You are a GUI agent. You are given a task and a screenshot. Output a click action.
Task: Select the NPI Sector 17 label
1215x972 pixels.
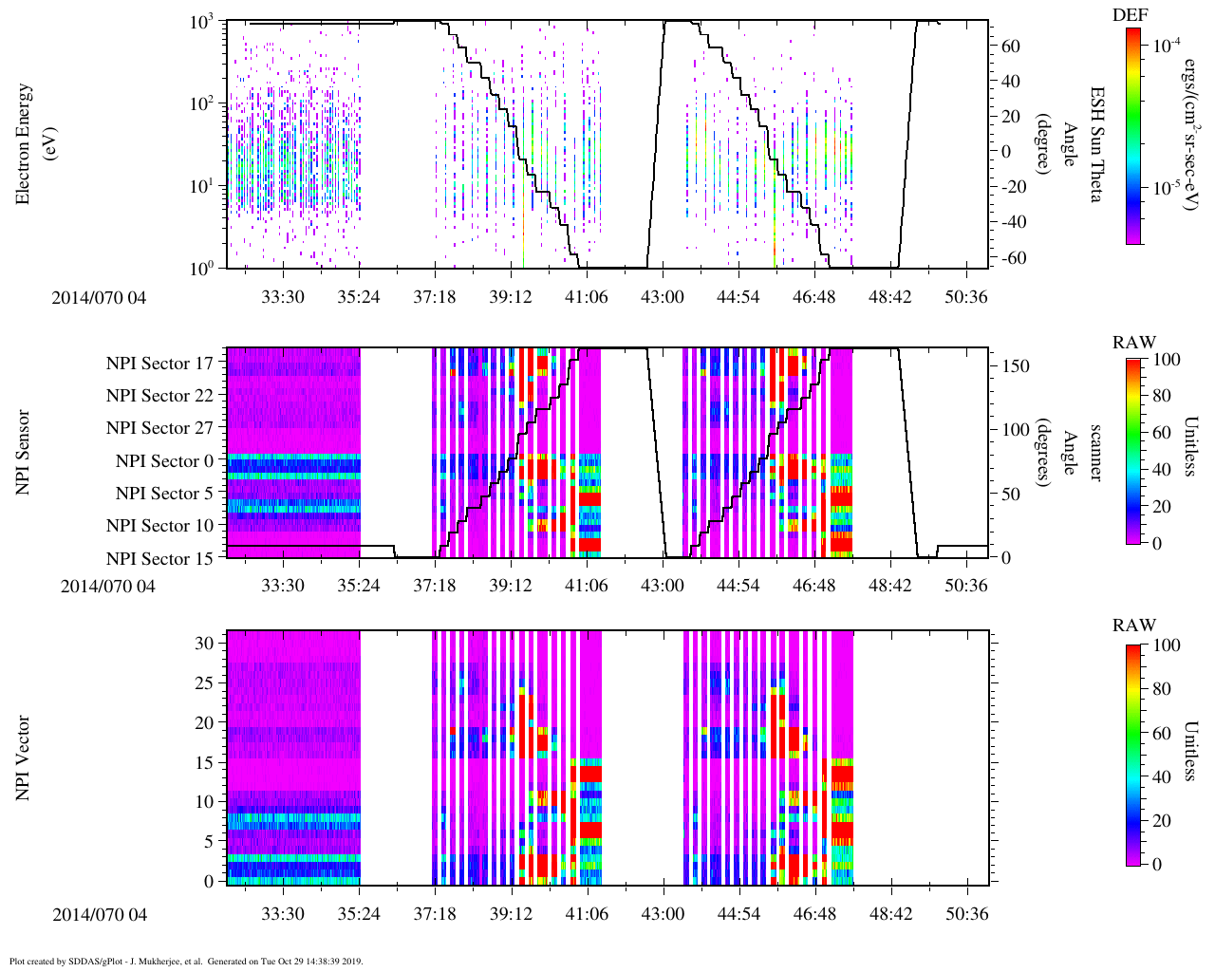159,363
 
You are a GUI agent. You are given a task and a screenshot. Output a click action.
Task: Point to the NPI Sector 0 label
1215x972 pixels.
164,461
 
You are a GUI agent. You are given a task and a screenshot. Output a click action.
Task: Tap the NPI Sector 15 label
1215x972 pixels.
159,558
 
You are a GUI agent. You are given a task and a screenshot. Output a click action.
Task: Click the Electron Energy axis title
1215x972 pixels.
32,144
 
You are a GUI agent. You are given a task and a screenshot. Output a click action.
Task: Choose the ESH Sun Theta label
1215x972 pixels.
1096,144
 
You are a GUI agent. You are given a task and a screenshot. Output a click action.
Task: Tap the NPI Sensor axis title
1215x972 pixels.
24,452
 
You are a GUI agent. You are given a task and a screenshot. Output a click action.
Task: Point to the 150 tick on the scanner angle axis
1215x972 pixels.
1017,366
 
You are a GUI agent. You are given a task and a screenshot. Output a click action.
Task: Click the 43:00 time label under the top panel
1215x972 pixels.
662,297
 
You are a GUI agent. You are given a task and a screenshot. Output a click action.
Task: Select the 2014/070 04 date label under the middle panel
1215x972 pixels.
107,586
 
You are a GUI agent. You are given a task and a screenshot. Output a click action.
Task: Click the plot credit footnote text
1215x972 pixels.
185,961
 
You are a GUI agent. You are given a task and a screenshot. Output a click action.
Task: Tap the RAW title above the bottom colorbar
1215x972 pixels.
1134,626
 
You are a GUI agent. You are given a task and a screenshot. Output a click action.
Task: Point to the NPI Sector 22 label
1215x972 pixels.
159,396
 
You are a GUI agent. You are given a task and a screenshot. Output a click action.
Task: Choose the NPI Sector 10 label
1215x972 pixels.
159,526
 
